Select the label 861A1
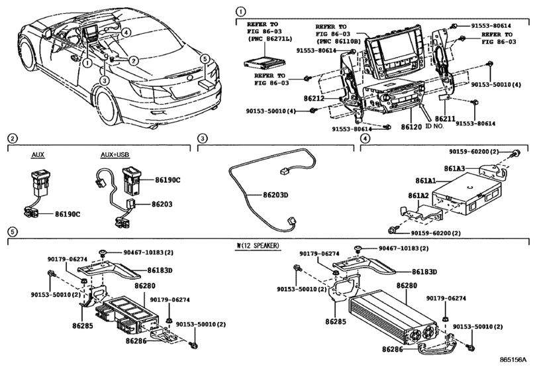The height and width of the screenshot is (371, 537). click(x=427, y=180)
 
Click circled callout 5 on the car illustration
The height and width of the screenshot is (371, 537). click(x=205, y=59)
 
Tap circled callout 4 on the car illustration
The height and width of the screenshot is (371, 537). click(x=126, y=31)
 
